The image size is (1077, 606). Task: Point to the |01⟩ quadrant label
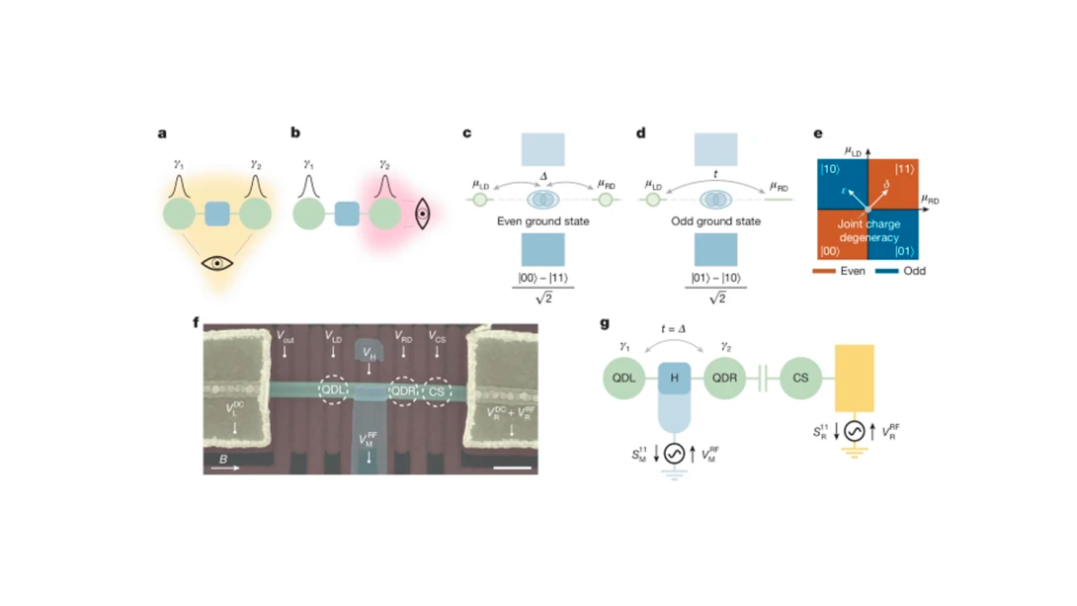click(906, 251)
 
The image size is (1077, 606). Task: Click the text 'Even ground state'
click(542, 221)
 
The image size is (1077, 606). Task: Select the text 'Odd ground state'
click(715, 221)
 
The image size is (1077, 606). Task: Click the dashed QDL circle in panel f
click(336, 390)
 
